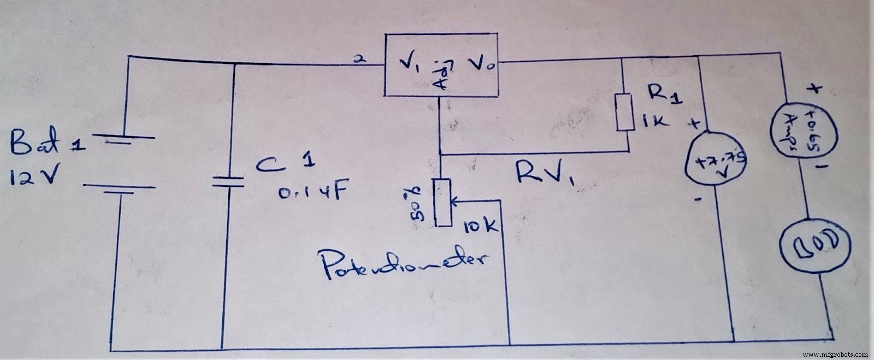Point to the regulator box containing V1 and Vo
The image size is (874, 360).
442,66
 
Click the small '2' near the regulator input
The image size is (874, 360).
358,60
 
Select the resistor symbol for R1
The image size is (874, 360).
625,112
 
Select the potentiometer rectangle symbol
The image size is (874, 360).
444,202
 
